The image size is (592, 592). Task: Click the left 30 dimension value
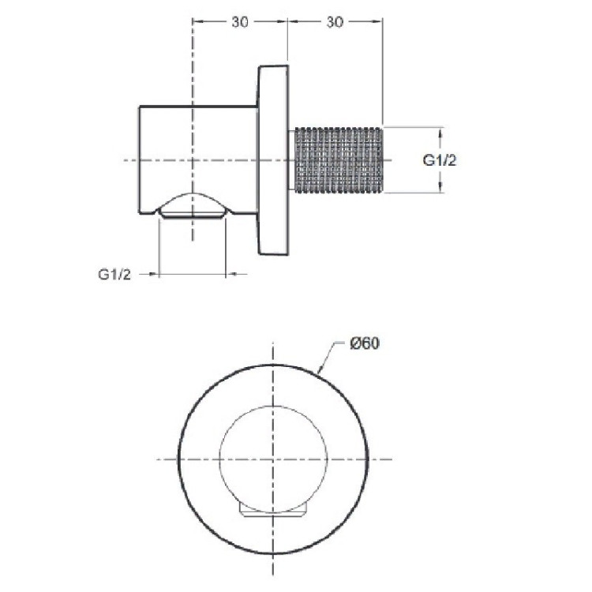pyautogui.click(x=240, y=22)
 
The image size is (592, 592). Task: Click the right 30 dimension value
pyautogui.click(x=335, y=22)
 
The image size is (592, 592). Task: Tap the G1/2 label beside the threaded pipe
pyautogui.click(x=440, y=160)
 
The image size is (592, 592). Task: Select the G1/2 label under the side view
pyautogui.click(x=114, y=274)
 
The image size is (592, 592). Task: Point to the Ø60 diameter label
pyautogui.click(x=365, y=343)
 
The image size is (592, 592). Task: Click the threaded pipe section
pyautogui.click(x=339, y=160)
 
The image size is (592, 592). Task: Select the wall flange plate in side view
pyautogui.click(x=274, y=160)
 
